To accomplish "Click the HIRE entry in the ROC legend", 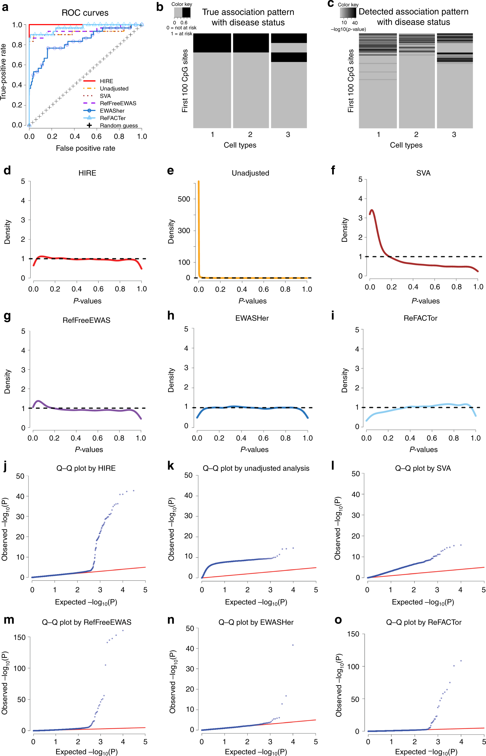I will (x=106, y=81).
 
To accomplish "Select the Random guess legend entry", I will (x=119, y=125).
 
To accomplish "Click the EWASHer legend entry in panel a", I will (x=112, y=111).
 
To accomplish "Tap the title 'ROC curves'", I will (x=85, y=13).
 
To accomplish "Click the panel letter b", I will (x=160, y=7).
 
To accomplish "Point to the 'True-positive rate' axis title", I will (x=4, y=72).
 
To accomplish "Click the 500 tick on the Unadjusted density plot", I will (x=184, y=199).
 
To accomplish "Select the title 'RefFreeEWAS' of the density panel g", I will (x=86, y=320).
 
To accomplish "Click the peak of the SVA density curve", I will (x=372, y=210).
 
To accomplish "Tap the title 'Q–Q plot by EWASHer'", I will (x=256, y=622).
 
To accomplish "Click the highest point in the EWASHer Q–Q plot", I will (x=293, y=645).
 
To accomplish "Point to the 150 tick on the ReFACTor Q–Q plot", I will (x=353, y=634).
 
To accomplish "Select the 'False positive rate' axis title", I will (x=86, y=148).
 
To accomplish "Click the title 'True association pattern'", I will (x=248, y=12).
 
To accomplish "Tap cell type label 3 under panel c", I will (x=454, y=134).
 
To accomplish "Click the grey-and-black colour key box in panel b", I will (x=182, y=12).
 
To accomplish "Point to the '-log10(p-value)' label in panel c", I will (x=348, y=29).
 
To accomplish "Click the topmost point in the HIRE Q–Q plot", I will (x=133, y=491).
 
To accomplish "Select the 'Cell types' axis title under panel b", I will (x=240, y=145).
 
